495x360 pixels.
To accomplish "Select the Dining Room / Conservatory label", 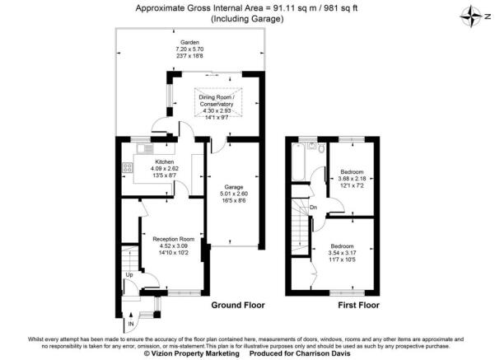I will click(x=218, y=101).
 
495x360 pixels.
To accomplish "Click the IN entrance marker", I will click(x=129, y=325).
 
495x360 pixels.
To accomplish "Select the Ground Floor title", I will click(x=238, y=305).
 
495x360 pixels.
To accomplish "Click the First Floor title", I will click(x=357, y=305).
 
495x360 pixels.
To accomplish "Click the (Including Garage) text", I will click(x=246, y=19).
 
